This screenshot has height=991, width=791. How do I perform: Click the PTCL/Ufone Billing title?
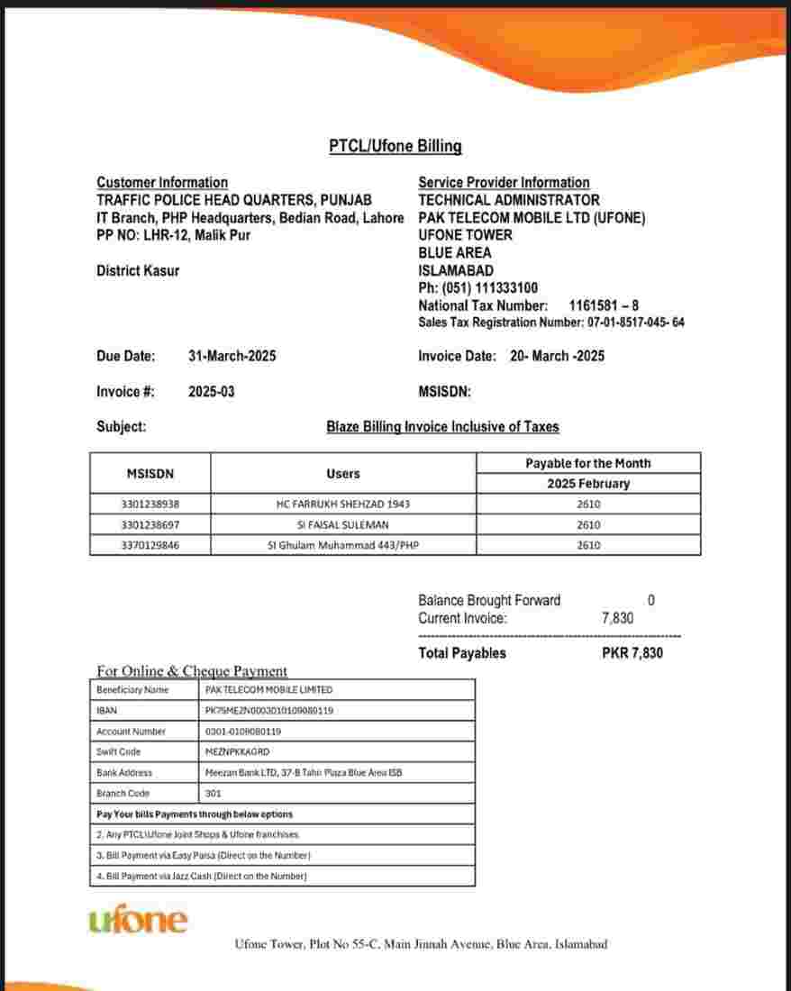395,146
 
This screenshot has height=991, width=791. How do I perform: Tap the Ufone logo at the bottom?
139,921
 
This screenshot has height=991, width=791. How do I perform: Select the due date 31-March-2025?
232,356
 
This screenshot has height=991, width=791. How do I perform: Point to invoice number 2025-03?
212,392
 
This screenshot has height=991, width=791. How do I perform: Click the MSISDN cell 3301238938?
150,504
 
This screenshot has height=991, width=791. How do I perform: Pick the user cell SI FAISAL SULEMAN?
342,524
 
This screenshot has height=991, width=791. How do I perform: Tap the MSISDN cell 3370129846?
150,545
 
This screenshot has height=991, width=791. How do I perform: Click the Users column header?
342,473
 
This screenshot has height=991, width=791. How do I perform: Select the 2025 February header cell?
588,484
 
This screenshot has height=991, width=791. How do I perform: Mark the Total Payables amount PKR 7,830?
632,653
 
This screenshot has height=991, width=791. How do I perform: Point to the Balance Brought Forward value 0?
651,600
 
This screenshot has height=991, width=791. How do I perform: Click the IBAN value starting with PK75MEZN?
269,711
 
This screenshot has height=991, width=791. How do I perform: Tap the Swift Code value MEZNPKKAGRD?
238,751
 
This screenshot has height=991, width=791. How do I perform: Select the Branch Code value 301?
214,794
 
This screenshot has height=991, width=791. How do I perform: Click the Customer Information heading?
162,182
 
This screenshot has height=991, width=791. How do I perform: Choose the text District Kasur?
138,270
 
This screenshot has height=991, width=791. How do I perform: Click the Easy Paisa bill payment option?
204,855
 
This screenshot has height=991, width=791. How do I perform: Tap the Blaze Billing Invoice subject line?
442,427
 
